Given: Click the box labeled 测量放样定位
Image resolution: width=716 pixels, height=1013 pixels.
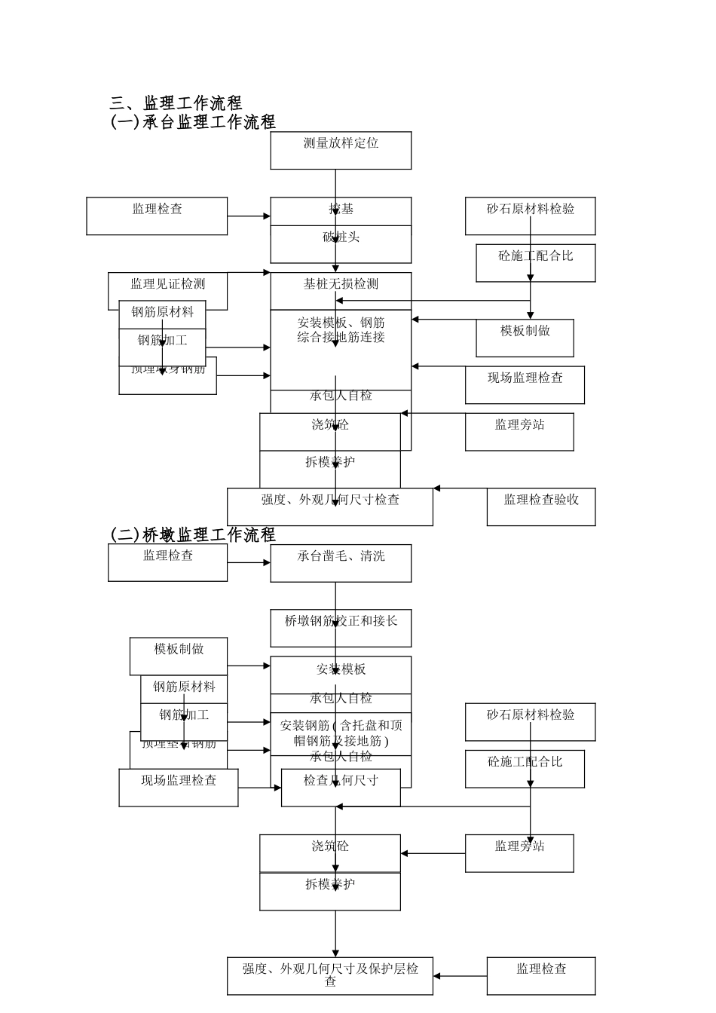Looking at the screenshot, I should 341,150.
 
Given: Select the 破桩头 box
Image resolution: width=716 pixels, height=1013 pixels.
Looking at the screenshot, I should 341,243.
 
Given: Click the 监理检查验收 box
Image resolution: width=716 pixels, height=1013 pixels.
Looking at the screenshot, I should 540,506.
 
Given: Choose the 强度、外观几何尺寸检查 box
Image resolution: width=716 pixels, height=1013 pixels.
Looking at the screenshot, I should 330,506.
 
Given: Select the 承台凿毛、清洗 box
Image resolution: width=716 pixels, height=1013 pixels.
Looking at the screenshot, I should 341,563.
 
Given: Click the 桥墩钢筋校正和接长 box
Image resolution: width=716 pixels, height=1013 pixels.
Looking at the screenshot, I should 341,628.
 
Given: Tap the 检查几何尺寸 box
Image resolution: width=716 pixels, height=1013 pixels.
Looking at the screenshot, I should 341,788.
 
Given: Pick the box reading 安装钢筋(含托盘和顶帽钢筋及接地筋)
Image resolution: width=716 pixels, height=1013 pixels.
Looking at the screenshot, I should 341,733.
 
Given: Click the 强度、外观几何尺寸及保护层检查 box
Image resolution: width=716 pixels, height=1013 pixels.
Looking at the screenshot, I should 330,975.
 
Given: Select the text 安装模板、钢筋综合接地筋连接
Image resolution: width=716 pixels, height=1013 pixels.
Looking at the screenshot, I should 341,330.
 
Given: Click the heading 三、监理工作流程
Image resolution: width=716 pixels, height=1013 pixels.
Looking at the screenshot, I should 176,103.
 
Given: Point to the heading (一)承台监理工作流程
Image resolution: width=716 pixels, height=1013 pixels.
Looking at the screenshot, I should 193,122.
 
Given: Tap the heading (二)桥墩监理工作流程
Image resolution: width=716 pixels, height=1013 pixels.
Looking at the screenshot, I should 193,535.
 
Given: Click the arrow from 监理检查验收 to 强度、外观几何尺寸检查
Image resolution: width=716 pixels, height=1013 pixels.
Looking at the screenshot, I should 460,488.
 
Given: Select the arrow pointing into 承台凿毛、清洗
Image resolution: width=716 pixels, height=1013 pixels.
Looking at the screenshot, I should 249,562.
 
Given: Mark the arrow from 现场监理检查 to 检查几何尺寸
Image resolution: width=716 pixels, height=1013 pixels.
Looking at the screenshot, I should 260,788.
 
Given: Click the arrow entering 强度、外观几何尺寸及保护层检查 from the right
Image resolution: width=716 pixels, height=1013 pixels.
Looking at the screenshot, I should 460,976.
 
